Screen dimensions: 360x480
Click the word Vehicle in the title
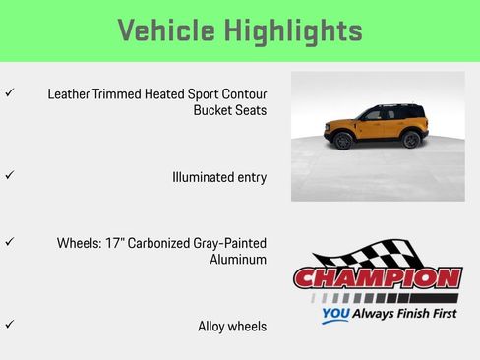pos(165,30)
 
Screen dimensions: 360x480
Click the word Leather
pos(69,93)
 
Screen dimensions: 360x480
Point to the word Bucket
pos(213,110)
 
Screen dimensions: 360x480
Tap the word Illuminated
pos(205,177)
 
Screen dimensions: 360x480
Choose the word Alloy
pos(213,326)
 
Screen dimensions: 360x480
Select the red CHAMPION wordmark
pos(378,277)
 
